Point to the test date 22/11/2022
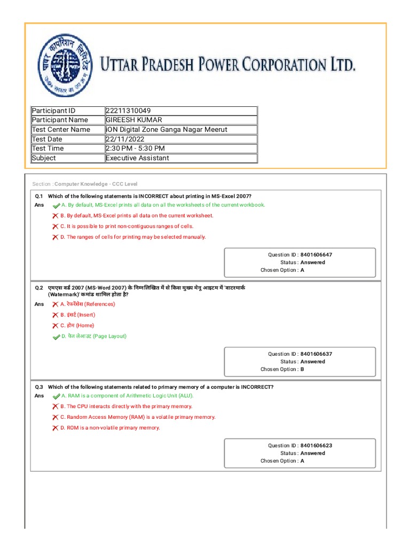(125, 139)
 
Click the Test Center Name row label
(61, 130)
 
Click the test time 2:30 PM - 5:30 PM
(135, 149)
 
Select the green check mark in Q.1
(56, 205)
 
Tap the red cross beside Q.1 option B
(55, 216)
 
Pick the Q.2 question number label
(39, 288)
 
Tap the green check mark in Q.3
(56, 396)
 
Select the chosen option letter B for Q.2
(302, 369)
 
